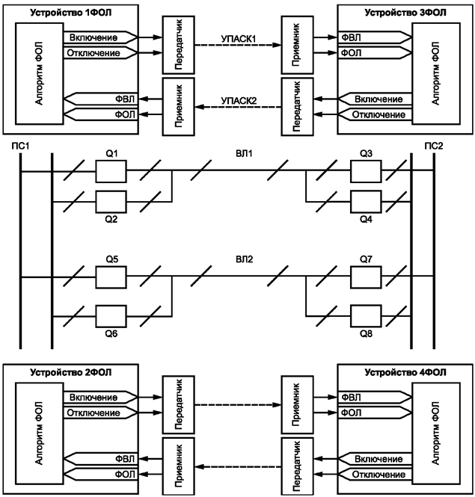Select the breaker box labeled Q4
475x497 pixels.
[364, 201]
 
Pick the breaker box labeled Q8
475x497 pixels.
[364, 316]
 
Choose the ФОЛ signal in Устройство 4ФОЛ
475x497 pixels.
[350, 412]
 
